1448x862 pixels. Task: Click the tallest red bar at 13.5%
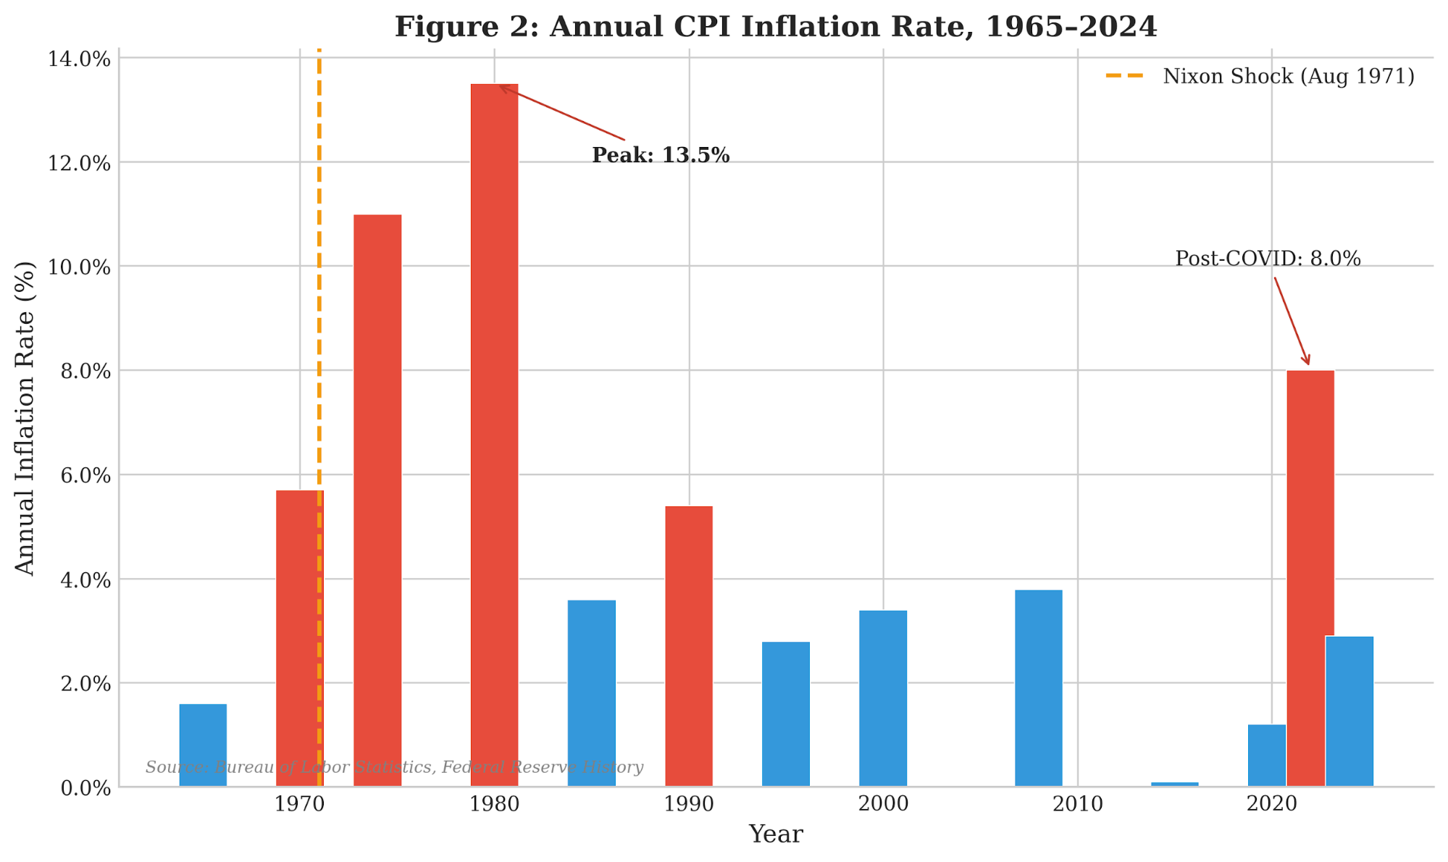point(494,435)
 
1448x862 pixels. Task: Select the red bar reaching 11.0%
point(377,500)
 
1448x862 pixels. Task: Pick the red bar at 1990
point(688,645)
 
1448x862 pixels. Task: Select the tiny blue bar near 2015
point(1174,784)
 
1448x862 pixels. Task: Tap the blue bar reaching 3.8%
point(1038,687)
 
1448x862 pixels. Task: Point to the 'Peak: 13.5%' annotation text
point(660,156)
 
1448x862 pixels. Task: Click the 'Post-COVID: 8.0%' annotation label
point(1268,259)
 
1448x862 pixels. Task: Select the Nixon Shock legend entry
point(1260,76)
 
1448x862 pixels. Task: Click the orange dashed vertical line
point(319,290)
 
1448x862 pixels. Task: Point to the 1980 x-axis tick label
point(494,804)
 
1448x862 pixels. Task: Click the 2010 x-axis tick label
point(1078,804)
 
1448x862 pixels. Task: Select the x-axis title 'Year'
point(775,834)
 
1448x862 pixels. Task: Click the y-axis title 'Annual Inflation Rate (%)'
point(25,418)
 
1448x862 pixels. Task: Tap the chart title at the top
point(775,27)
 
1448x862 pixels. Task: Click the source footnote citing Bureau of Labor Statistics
point(394,767)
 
